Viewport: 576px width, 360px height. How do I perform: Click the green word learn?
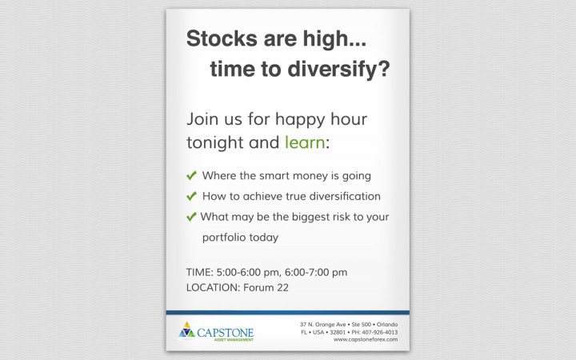click(305, 142)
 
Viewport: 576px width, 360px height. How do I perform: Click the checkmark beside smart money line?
click(191, 175)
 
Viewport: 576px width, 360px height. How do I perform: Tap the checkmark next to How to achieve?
click(191, 196)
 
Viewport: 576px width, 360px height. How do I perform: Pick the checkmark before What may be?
click(191, 217)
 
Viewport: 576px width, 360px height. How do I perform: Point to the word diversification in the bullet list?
click(345, 196)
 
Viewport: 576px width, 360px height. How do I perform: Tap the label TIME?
click(199, 272)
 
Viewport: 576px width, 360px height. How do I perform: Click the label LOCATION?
click(213, 287)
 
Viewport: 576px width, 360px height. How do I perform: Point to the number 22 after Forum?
click(283, 287)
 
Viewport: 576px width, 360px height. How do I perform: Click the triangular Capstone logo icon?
click(186, 330)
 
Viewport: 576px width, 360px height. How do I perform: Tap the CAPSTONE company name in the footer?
click(225, 333)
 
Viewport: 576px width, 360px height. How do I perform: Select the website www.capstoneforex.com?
click(366, 339)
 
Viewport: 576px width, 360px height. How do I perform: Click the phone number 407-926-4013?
click(380, 332)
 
